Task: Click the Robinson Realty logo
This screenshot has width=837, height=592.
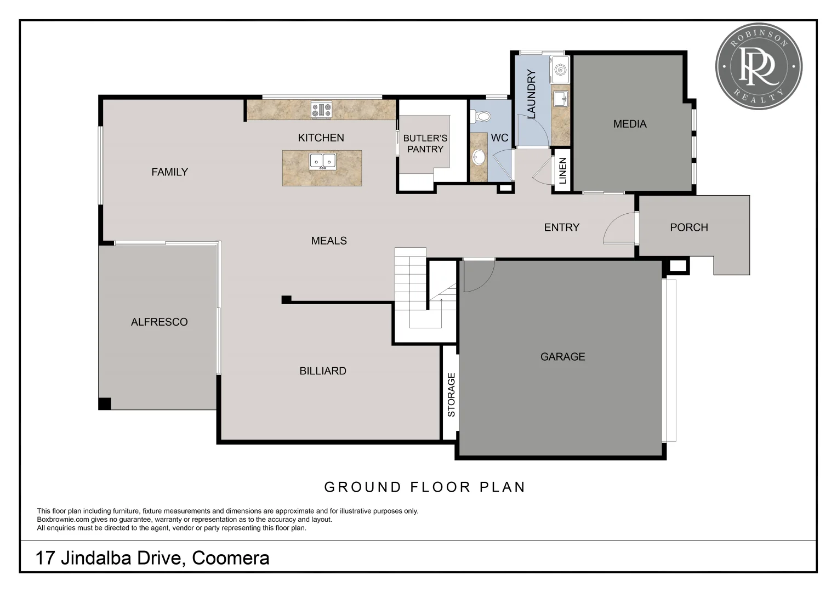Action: [x=759, y=66]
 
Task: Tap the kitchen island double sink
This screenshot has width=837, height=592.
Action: [x=322, y=161]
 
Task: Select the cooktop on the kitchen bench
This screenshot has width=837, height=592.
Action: [x=321, y=110]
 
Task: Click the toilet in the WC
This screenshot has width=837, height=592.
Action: [x=482, y=116]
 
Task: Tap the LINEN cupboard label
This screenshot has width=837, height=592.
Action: [x=562, y=170]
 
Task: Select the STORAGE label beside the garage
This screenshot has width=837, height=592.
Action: [x=451, y=395]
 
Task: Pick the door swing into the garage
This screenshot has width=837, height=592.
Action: [x=478, y=275]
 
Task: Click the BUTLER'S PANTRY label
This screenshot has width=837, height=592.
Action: [x=425, y=144]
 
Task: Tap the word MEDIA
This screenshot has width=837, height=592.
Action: [x=630, y=124]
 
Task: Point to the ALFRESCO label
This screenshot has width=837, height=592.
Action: [x=159, y=322]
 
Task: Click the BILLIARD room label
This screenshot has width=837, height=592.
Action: [x=323, y=371]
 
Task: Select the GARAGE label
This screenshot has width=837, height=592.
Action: [x=562, y=357]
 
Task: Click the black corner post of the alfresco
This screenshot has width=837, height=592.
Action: [x=105, y=403]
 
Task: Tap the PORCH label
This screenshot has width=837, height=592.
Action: [x=688, y=227]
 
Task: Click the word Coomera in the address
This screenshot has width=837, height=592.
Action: [x=231, y=558]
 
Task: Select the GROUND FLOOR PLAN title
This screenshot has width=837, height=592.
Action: [x=425, y=487]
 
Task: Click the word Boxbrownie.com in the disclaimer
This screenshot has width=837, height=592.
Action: [x=60, y=520]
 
